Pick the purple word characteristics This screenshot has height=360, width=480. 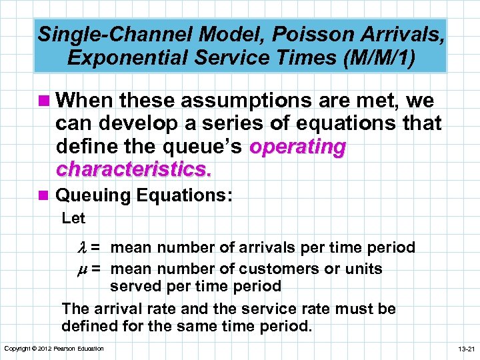click(134, 169)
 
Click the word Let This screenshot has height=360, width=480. click(73, 218)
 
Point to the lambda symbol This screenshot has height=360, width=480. click(93, 248)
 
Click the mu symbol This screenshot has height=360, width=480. click(93, 269)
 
